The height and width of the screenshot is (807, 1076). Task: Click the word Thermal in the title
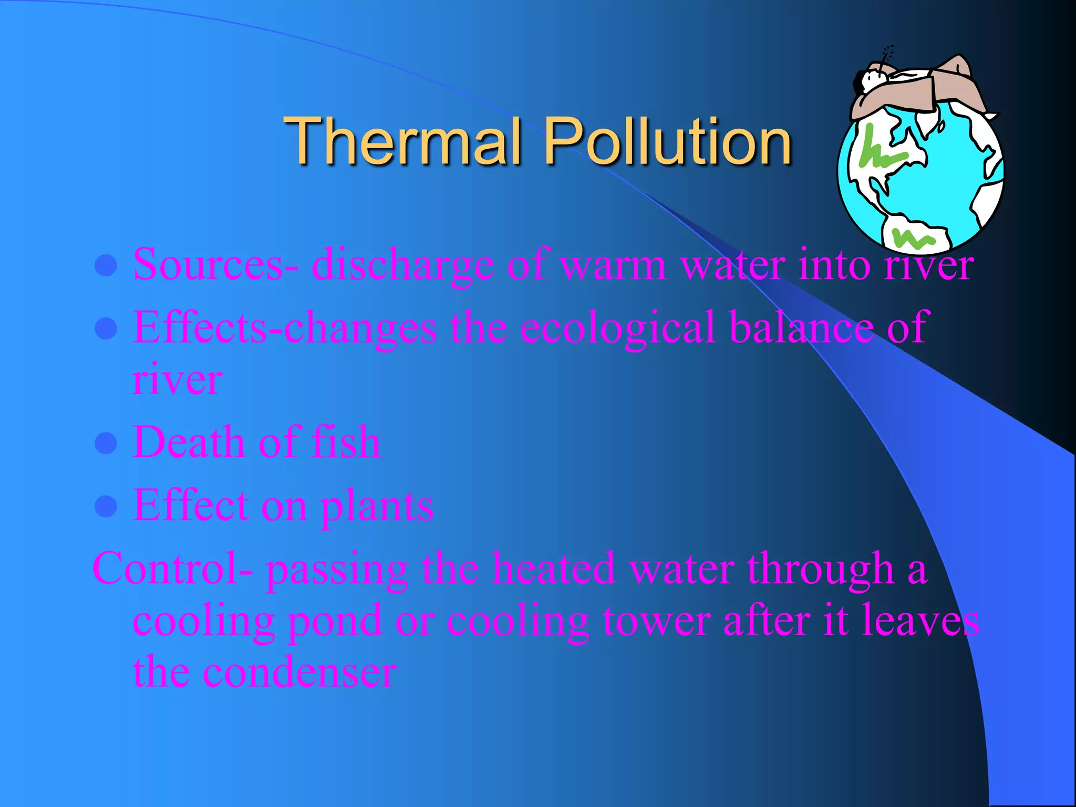coord(404,141)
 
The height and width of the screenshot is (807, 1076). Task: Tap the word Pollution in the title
coord(667,141)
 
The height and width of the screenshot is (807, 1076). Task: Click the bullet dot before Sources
coord(106,266)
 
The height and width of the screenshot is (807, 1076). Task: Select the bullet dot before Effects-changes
coord(106,329)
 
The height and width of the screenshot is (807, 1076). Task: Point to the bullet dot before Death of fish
coord(106,443)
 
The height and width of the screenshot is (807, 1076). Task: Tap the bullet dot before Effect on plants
coord(106,506)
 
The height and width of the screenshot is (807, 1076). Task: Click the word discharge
coord(402,266)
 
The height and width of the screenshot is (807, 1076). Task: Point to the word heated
coord(554,568)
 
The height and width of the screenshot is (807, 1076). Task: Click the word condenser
coord(299,672)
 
